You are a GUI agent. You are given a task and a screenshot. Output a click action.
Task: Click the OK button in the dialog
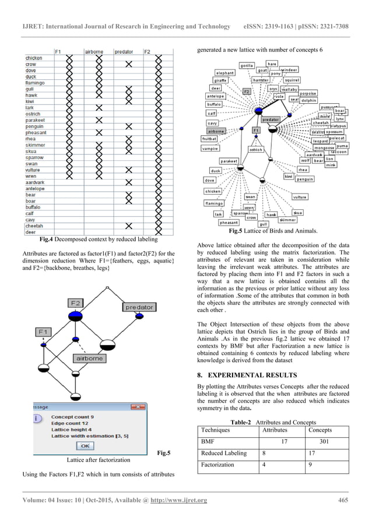coord(85,446)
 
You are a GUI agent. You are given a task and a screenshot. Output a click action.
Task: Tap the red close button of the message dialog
coord(138,407)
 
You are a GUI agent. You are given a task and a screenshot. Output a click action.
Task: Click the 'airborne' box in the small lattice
coord(88,358)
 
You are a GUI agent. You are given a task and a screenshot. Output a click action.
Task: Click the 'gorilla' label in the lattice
coord(247,66)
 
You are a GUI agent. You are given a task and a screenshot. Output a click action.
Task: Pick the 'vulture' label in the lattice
coord(300,197)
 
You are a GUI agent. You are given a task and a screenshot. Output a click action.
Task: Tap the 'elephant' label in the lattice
coord(224,73)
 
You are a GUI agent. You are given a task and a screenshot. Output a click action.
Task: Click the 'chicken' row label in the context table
coord(34,58)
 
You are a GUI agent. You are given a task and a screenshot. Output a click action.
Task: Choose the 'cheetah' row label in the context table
coord(34,225)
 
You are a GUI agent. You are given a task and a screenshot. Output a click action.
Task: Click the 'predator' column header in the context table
coord(124,52)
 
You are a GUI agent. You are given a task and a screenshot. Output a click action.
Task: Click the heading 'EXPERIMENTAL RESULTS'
coord(250,375)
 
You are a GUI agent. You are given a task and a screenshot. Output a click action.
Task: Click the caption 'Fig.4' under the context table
coord(47,239)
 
